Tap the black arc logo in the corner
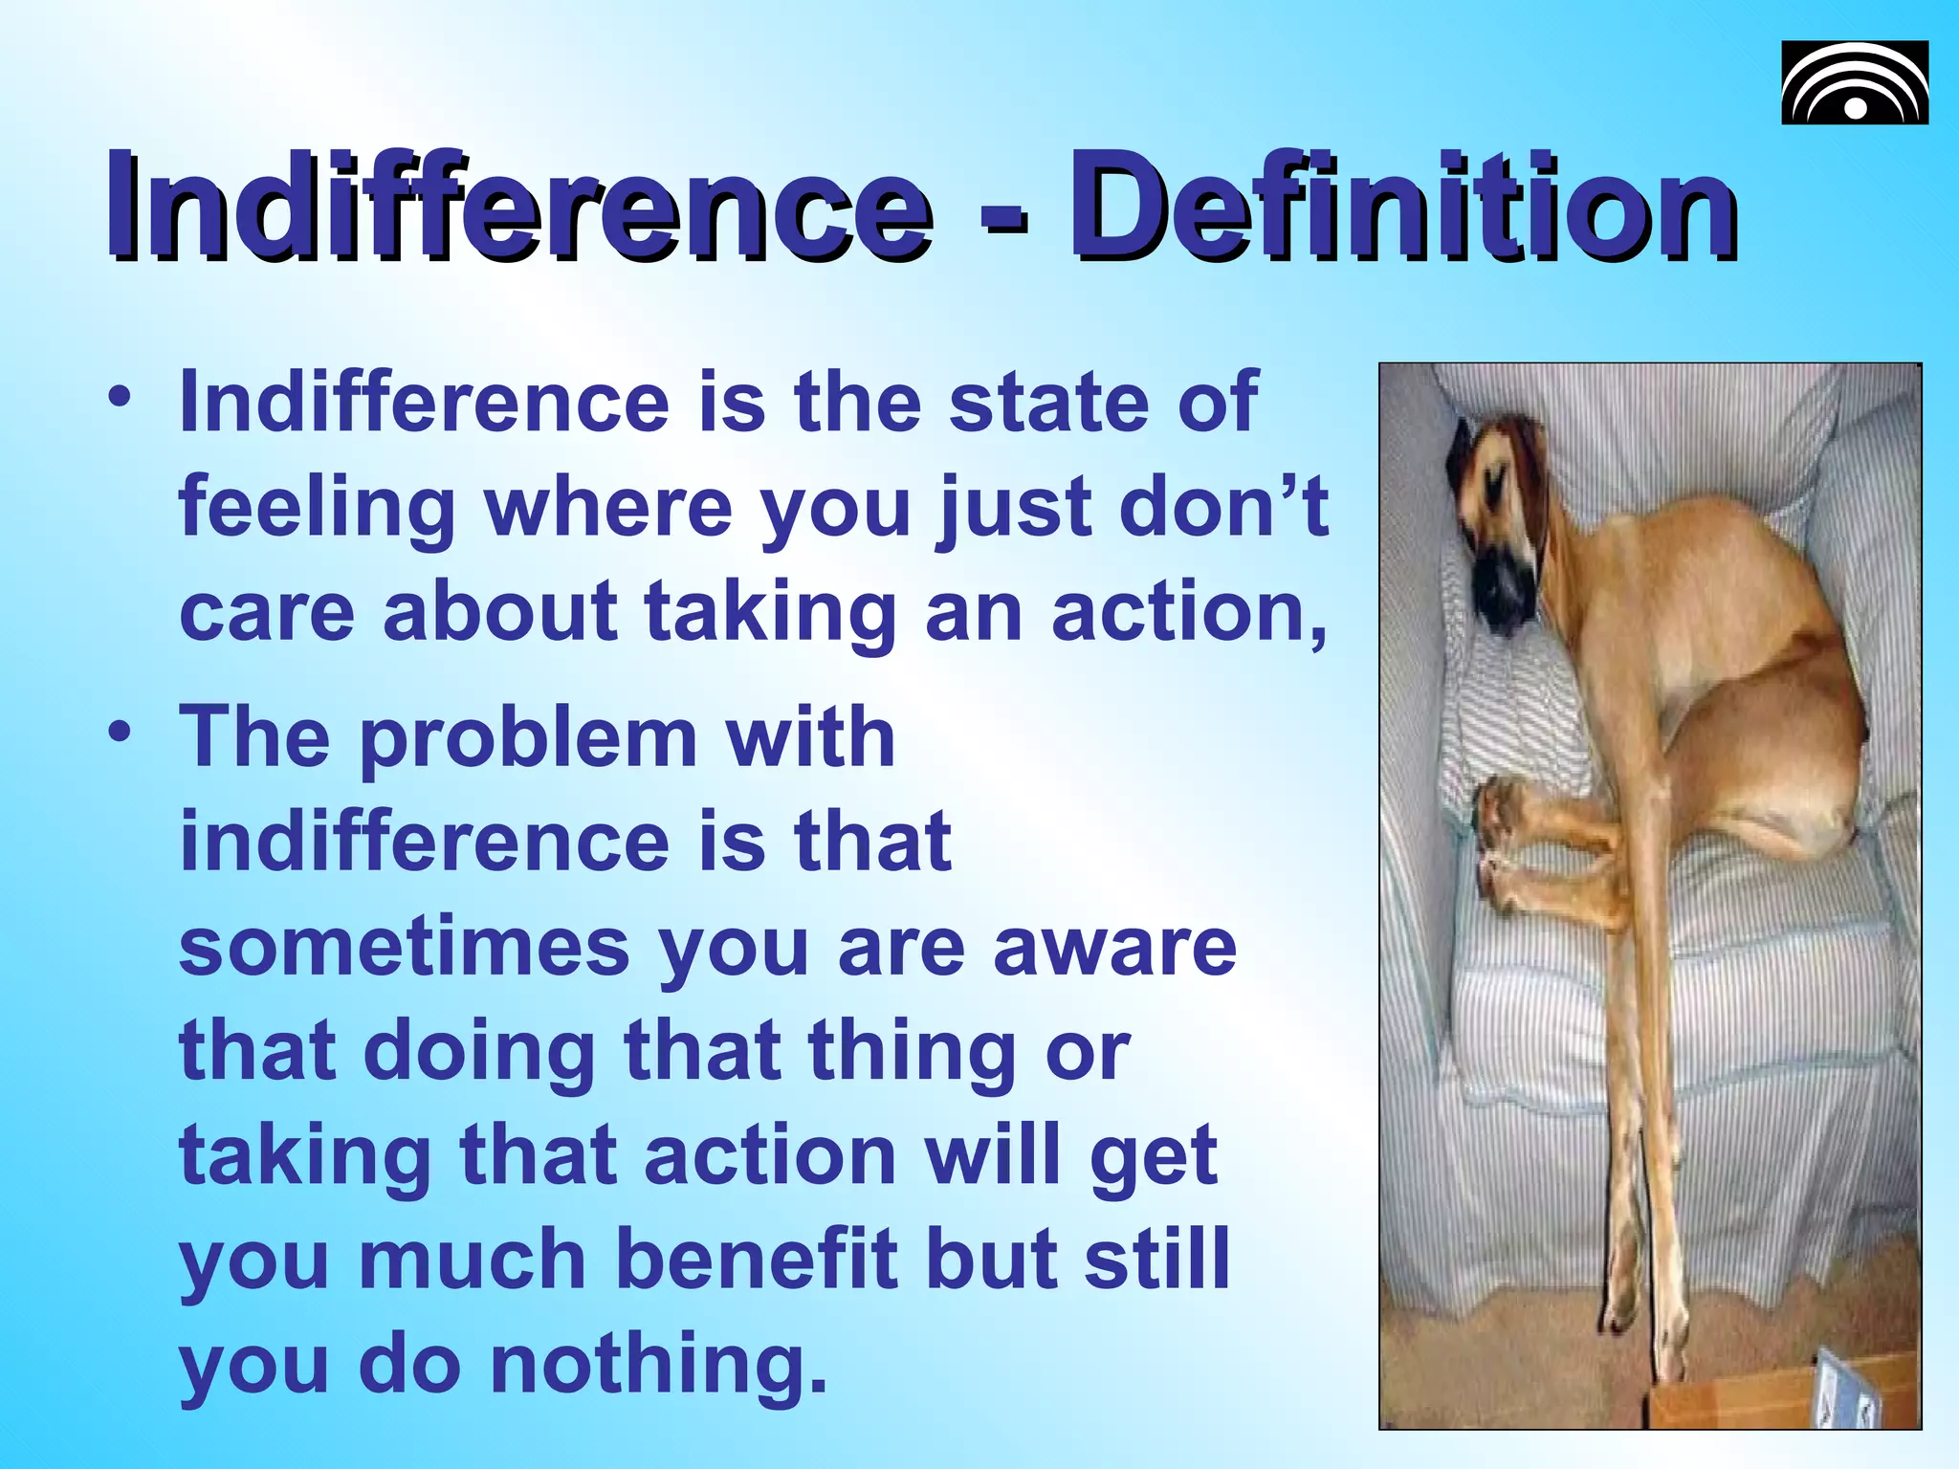[x=1854, y=83]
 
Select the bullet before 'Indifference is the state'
[x=119, y=400]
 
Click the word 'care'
[x=266, y=612]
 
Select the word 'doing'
[x=479, y=1051]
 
